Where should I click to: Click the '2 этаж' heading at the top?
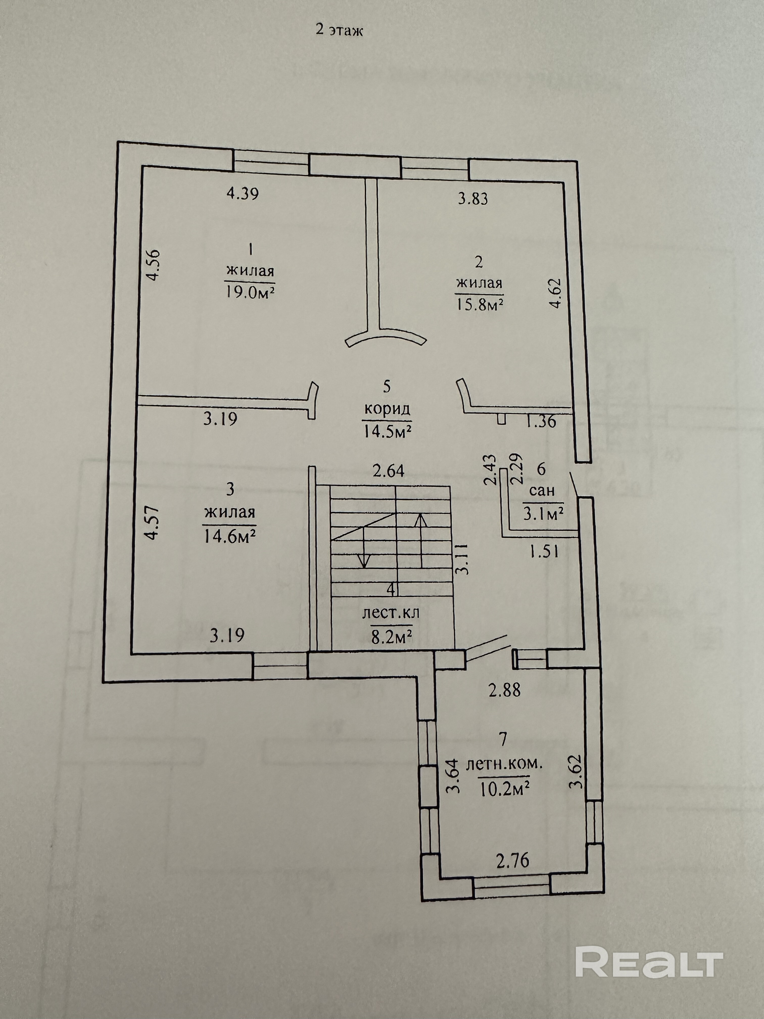pos(339,30)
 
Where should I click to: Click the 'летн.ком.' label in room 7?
pos(504,764)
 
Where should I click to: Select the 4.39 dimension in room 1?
pos(243,193)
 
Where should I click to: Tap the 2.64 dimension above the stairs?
pos(388,471)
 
